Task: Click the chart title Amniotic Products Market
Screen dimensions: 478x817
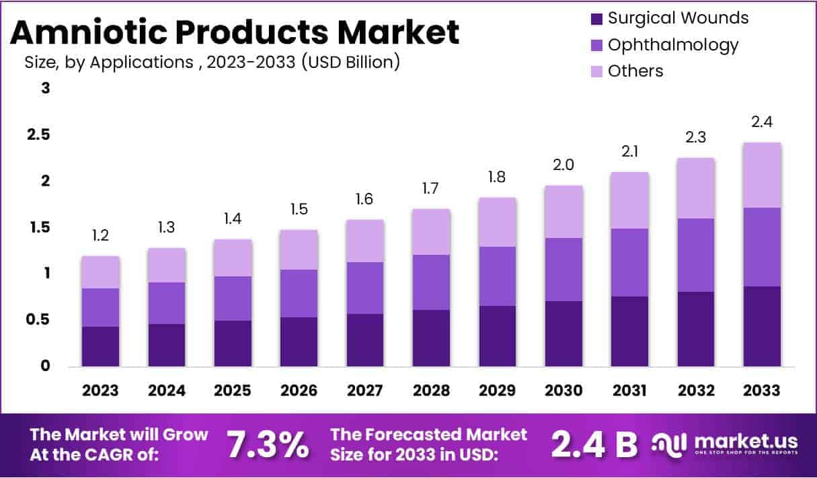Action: [x=235, y=32]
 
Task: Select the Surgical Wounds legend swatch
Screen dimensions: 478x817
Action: [x=596, y=18]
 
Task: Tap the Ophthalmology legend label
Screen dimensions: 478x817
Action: [x=672, y=45]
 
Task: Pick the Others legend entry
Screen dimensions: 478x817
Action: [x=635, y=71]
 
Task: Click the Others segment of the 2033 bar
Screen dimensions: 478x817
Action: [x=762, y=175]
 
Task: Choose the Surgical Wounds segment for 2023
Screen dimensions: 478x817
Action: [x=101, y=346]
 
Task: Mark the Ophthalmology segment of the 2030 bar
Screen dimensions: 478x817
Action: [x=563, y=269]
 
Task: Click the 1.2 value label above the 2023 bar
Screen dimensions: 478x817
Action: [x=101, y=235]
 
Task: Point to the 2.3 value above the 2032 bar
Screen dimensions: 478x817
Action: [x=696, y=137]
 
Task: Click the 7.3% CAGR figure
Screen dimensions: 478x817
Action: [x=267, y=444]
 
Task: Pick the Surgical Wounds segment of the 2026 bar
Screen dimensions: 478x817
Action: [x=299, y=342]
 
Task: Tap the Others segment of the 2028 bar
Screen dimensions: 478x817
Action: [x=431, y=232]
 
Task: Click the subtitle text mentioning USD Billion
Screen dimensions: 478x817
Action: [x=212, y=62]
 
